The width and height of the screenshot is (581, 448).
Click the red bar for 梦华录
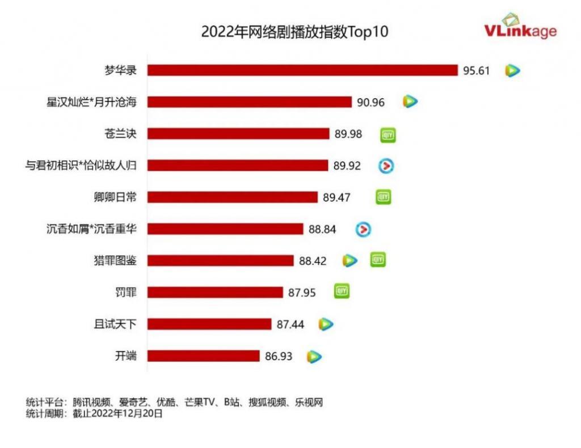302,70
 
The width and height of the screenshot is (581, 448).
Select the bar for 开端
203,356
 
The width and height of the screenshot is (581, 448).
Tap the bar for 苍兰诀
238,133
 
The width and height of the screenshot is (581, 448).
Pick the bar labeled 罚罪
215,292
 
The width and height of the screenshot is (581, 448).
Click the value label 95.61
476,70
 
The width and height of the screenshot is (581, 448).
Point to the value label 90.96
371,102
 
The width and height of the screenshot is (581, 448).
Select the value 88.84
322,229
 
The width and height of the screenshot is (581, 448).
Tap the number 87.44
290,324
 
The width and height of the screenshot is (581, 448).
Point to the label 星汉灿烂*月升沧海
92,102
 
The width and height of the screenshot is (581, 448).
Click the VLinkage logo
521,27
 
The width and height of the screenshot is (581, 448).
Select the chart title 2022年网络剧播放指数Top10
294,32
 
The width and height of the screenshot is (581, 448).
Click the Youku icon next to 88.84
363,229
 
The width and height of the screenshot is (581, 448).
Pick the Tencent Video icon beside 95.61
513,70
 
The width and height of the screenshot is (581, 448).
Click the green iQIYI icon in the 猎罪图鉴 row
378,260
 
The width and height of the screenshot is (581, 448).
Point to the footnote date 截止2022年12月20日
118,414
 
